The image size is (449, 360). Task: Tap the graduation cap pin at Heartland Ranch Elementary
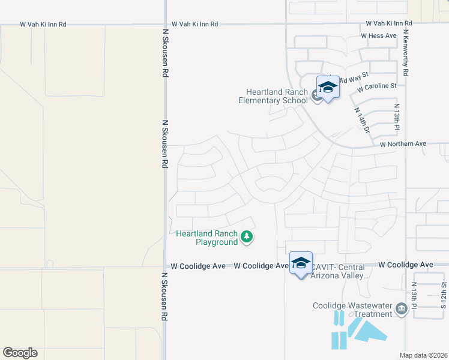pos(328,88)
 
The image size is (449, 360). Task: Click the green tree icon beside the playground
pos(246,238)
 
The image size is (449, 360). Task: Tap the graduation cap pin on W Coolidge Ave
pos(301,263)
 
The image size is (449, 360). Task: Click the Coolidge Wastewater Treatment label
pos(352,310)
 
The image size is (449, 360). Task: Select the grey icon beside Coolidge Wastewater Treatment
pos(402,310)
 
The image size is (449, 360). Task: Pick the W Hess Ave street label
pos(379,36)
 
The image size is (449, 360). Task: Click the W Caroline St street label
pos(376,87)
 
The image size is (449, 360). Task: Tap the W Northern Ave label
pos(403,144)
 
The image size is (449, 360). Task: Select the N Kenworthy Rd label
pos(406,53)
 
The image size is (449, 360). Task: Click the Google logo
pos(20,353)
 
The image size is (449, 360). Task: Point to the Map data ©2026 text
pos(424,355)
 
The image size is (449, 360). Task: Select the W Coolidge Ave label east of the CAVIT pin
pos(410,265)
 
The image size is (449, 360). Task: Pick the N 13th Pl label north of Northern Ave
pos(397,118)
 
